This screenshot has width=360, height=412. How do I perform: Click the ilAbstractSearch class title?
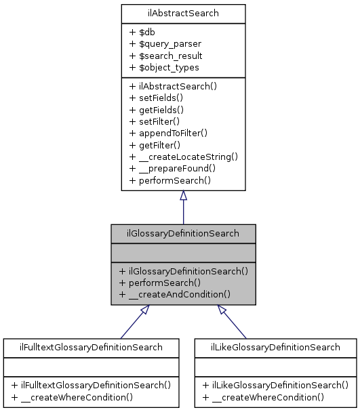coord(183,13)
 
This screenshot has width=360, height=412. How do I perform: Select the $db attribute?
coord(145,32)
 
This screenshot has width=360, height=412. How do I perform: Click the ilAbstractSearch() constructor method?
coord(172,86)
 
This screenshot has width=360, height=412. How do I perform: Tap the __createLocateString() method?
coord(183,157)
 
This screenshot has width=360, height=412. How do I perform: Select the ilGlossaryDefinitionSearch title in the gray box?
coord(183,233)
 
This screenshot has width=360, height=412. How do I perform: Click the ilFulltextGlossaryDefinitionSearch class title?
coord(91,348)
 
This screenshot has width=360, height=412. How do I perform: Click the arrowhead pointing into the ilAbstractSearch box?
coord(183,196)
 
